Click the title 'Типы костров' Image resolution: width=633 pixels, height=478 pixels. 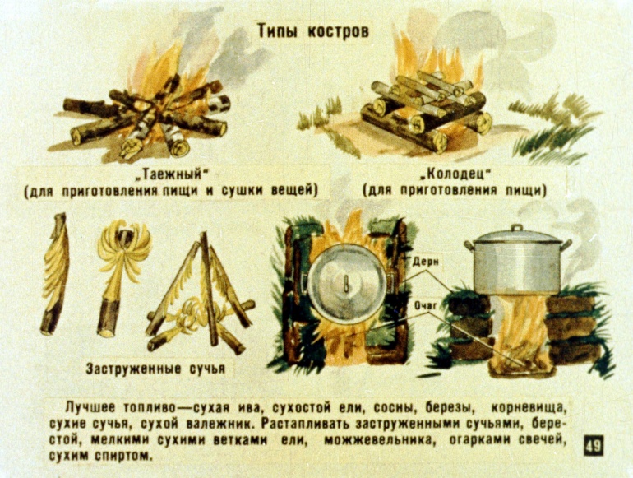pos(313,31)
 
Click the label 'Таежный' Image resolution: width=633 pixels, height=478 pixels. pos(174,174)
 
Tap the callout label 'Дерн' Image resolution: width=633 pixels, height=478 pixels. pos(426,262)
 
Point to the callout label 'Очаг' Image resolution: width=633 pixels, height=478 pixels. pos(426,306)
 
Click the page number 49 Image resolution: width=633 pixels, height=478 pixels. pos(594,446)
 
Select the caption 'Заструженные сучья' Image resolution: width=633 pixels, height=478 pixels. pos(155,369)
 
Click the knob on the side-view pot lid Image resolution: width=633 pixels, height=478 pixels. pos(517,228)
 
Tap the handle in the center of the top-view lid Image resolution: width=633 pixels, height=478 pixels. pos(346,283)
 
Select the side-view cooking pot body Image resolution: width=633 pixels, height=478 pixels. pos(518,266)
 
